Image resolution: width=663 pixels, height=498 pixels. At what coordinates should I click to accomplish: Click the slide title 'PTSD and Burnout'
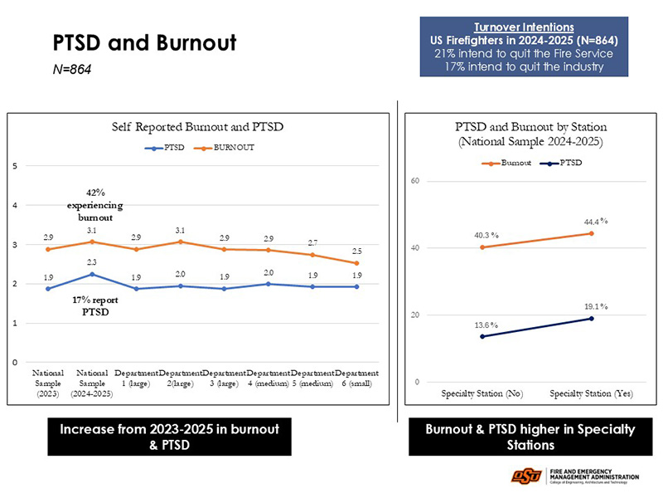point(144,42)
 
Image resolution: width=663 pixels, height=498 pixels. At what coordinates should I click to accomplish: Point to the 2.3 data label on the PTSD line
point(92,261)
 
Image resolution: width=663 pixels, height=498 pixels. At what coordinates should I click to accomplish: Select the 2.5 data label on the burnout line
point(356,250)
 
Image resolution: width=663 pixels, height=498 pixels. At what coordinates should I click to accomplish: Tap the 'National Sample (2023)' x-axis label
point(49,383)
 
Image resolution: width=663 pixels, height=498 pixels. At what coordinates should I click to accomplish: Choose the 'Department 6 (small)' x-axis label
point(356,378)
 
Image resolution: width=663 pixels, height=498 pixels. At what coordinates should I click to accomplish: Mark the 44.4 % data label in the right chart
point(593,222)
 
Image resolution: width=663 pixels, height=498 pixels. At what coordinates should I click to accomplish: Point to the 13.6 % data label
point(486,325)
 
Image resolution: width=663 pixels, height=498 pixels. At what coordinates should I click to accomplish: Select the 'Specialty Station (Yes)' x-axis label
point(592,393)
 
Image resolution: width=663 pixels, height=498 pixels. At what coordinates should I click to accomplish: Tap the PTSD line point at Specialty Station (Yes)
point(591,319)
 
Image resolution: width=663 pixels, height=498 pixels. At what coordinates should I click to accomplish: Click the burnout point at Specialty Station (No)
point(482,247)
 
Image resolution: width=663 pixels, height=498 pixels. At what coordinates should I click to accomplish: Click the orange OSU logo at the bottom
point(526,476)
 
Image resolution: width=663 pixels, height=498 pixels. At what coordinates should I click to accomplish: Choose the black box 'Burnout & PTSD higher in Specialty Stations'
point(530,437)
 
